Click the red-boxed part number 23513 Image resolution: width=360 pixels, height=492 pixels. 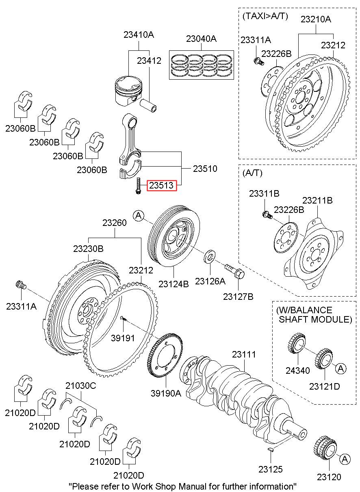coord(162,186)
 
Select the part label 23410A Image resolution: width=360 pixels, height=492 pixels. coord(139,35)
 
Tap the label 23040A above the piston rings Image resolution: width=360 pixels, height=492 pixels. coord(201,39)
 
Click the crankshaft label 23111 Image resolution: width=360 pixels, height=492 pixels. coord(244,354)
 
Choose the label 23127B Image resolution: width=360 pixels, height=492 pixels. coord(238,297)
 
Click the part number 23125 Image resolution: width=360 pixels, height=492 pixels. coord(270,469)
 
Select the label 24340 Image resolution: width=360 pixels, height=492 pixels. coord(297,370)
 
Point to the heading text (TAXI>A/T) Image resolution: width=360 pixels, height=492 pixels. coord(265,16)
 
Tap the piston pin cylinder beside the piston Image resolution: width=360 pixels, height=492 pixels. coord(150,106)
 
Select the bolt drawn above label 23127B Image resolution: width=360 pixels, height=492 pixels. coord(234,270)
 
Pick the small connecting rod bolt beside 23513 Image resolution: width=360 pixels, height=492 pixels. coord(139,186)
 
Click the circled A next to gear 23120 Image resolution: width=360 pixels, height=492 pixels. coord(345,459)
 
